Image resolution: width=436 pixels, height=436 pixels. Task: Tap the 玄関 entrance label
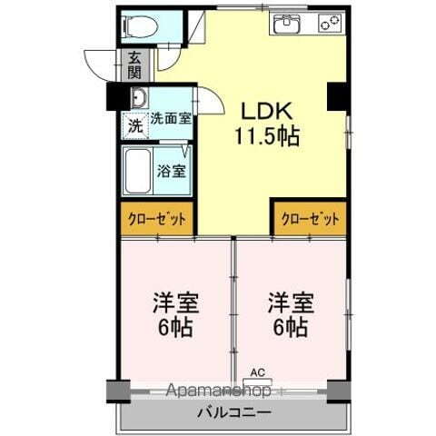[x=134, y=64]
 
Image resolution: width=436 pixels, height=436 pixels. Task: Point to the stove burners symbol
[x=329, y=23]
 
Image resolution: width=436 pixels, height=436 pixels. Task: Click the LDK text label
[x=263, y=110]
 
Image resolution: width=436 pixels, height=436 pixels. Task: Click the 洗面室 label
[x=170, y=118]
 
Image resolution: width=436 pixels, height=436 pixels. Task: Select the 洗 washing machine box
[x=134, y=125]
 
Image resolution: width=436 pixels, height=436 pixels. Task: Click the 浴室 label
[x=173, y=170]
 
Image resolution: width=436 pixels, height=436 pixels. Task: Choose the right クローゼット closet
[x=310, y=219]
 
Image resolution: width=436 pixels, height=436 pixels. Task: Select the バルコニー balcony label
[x=233, y=413]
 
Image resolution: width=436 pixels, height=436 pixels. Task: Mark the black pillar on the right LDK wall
[x=338, y=94]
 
